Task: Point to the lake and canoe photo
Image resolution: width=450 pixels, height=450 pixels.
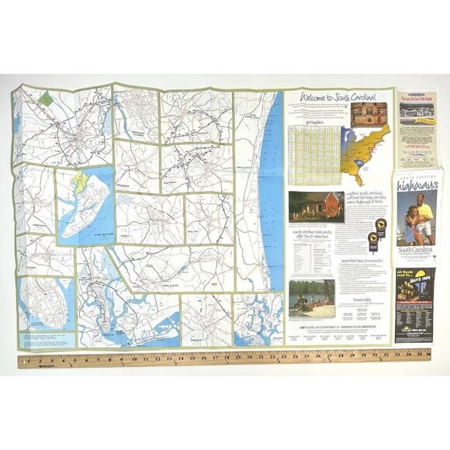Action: click(x=312, y=298)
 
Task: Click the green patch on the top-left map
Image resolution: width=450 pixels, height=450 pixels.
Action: click(x=46, y=99)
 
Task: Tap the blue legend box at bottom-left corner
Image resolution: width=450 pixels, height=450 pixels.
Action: click(x=47, y=339)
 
